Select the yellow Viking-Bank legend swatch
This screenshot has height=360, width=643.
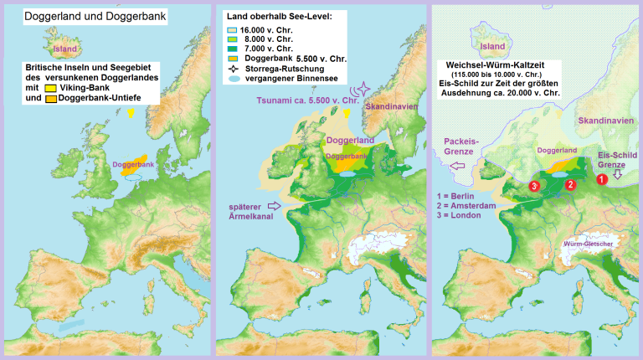(x=50, y=88)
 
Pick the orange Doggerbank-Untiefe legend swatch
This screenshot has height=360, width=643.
(x=50, y=99)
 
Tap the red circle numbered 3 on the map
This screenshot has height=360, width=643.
(x=532, y=186)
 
